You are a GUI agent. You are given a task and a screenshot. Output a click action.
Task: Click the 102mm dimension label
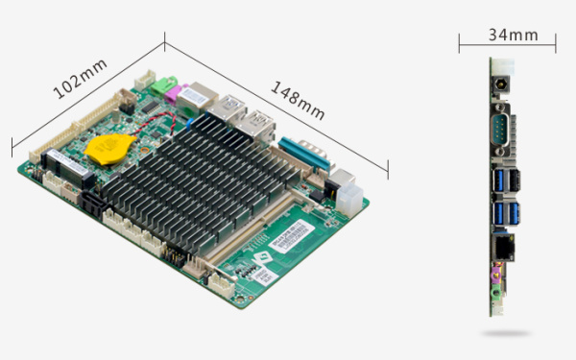[80, 79]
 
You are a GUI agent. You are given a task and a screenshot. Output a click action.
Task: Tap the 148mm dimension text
[298, 101]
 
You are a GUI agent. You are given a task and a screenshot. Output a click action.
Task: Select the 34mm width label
[514, 35]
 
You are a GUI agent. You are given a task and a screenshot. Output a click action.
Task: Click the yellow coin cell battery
[108, 149]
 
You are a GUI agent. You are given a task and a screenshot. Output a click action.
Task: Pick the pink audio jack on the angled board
[174, 94]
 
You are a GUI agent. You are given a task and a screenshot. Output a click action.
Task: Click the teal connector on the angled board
[303, 155]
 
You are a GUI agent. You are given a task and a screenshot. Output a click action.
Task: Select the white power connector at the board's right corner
[349, 199]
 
